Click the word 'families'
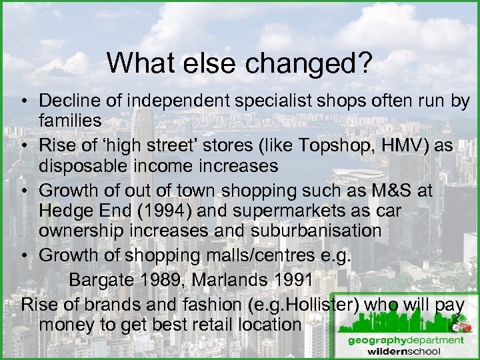pos(70,121)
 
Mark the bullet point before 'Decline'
pos(23,101)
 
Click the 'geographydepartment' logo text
pos(405,340)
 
